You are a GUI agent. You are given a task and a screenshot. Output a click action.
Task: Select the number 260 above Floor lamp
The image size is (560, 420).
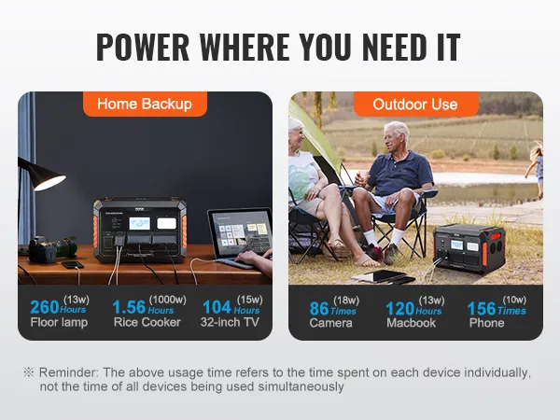pyautogui.click(x=46, y=306)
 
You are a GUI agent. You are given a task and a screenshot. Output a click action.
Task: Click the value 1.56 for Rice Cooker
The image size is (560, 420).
pyautogui.click(x=129, y=306)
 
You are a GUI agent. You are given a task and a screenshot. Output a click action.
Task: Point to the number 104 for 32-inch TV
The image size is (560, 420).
pyautogui.click(x=217, y=306)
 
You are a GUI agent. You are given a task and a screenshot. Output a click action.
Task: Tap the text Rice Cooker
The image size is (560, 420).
pyautogui.click(x=147, y=323)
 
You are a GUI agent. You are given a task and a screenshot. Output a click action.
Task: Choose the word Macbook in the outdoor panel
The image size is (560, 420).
pyautogui.click(x=412, y=323)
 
